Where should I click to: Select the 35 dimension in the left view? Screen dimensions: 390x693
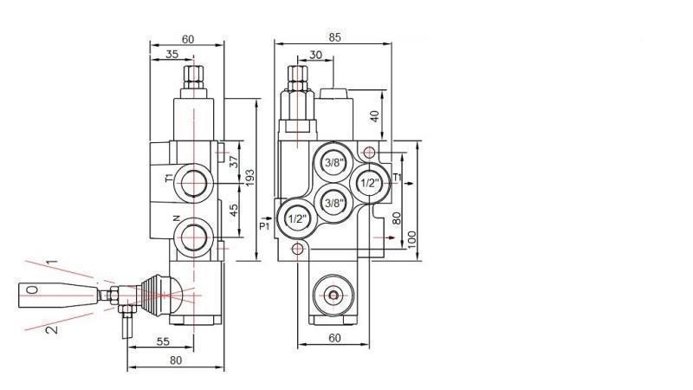pyautogui.click(x=172, y=55)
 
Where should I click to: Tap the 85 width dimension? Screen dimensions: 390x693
pyautogui.click(x=335, y=37)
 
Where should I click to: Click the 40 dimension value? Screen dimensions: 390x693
pyautogui.click(x=373, y=116)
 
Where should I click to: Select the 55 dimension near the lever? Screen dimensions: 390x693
pyautogui.click(x=163, y=342)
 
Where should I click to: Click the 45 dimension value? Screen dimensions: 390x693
pyautogui.click(x=233, y=211)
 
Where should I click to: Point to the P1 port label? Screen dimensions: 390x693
pyautogui.click(x=266, y=226)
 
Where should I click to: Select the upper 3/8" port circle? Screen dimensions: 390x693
pyautogui.click(x=334, y=163)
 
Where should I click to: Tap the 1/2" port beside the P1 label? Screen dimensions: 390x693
pyautogui.click(x=295, y=218)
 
